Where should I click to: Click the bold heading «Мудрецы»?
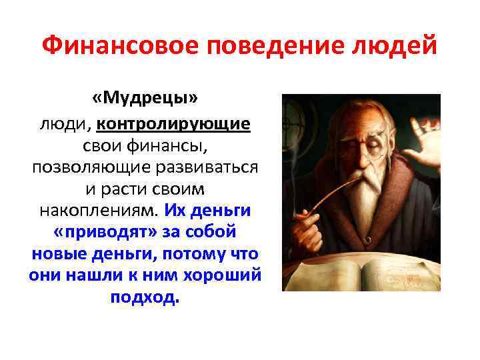click(146, 99)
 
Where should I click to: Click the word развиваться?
click(199, 167)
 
